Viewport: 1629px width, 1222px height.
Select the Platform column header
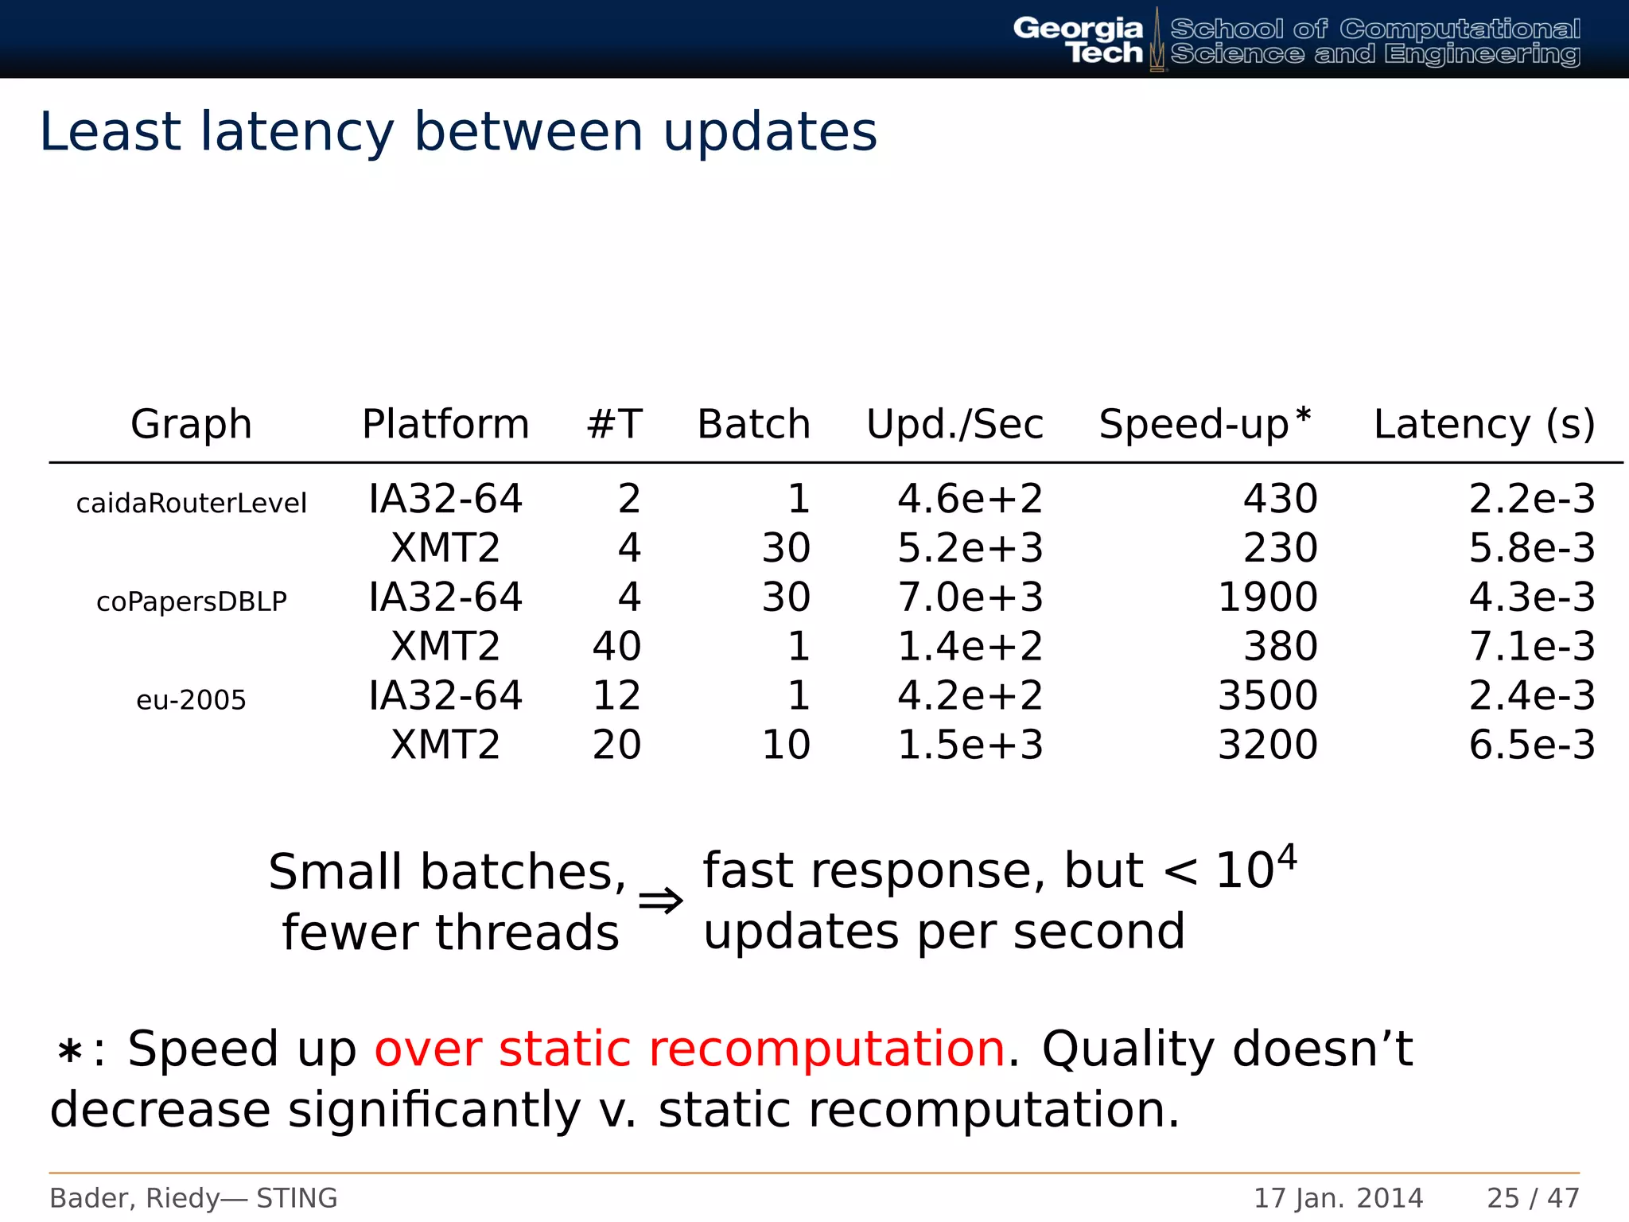click(445, 424)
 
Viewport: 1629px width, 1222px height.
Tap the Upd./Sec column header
click(954, 424)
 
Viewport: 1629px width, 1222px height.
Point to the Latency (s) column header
click(1483, 424)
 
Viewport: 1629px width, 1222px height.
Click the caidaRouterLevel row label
click(191, 503)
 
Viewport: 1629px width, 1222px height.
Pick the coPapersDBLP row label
click(191, 601)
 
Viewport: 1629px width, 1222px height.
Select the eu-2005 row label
click(191, 700)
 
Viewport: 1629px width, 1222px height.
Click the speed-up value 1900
click(1267, 597)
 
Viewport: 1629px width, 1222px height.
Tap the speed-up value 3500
click(1267, 696)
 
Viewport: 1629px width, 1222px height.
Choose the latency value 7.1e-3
click(1531, 647)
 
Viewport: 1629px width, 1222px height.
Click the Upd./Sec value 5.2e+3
click(970, 548)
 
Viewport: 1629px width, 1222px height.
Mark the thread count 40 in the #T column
click(616, 647)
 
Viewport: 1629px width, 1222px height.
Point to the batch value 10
click(786, 745)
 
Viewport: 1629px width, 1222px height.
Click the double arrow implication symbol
click(660, 901)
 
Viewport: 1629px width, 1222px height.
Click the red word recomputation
click(827, 1049)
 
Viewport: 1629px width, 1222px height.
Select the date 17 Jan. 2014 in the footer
click(1338, 1198)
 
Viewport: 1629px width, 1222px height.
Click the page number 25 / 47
click(1533, 1198)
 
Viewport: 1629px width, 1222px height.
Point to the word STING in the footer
click(297, 1198)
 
